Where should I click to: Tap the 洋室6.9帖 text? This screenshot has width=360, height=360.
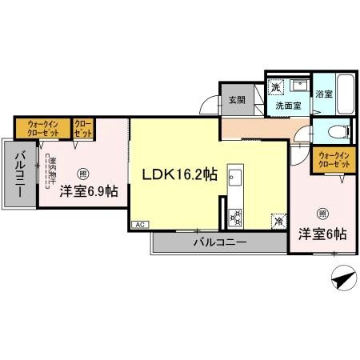(x=89, y=192)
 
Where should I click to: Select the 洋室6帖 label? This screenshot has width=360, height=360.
(x=322, y=234)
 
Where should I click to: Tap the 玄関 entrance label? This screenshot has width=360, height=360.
(x=236, y=100)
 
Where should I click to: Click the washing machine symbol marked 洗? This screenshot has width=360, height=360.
(x=274, y=87)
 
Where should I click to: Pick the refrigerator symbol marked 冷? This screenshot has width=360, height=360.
(x=278, y=221)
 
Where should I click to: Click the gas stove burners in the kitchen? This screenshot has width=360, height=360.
(x=236, y=215)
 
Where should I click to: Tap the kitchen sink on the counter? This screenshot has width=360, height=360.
(x=236, y=178)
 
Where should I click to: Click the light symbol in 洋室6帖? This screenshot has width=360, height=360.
(x=322, y=213)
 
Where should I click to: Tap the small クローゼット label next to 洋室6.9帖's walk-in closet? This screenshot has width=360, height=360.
(x=83, y=128)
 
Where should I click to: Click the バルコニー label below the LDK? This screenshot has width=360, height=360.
(x=219, y=241)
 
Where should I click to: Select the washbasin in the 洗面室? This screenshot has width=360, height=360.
(x=302, y=85)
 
